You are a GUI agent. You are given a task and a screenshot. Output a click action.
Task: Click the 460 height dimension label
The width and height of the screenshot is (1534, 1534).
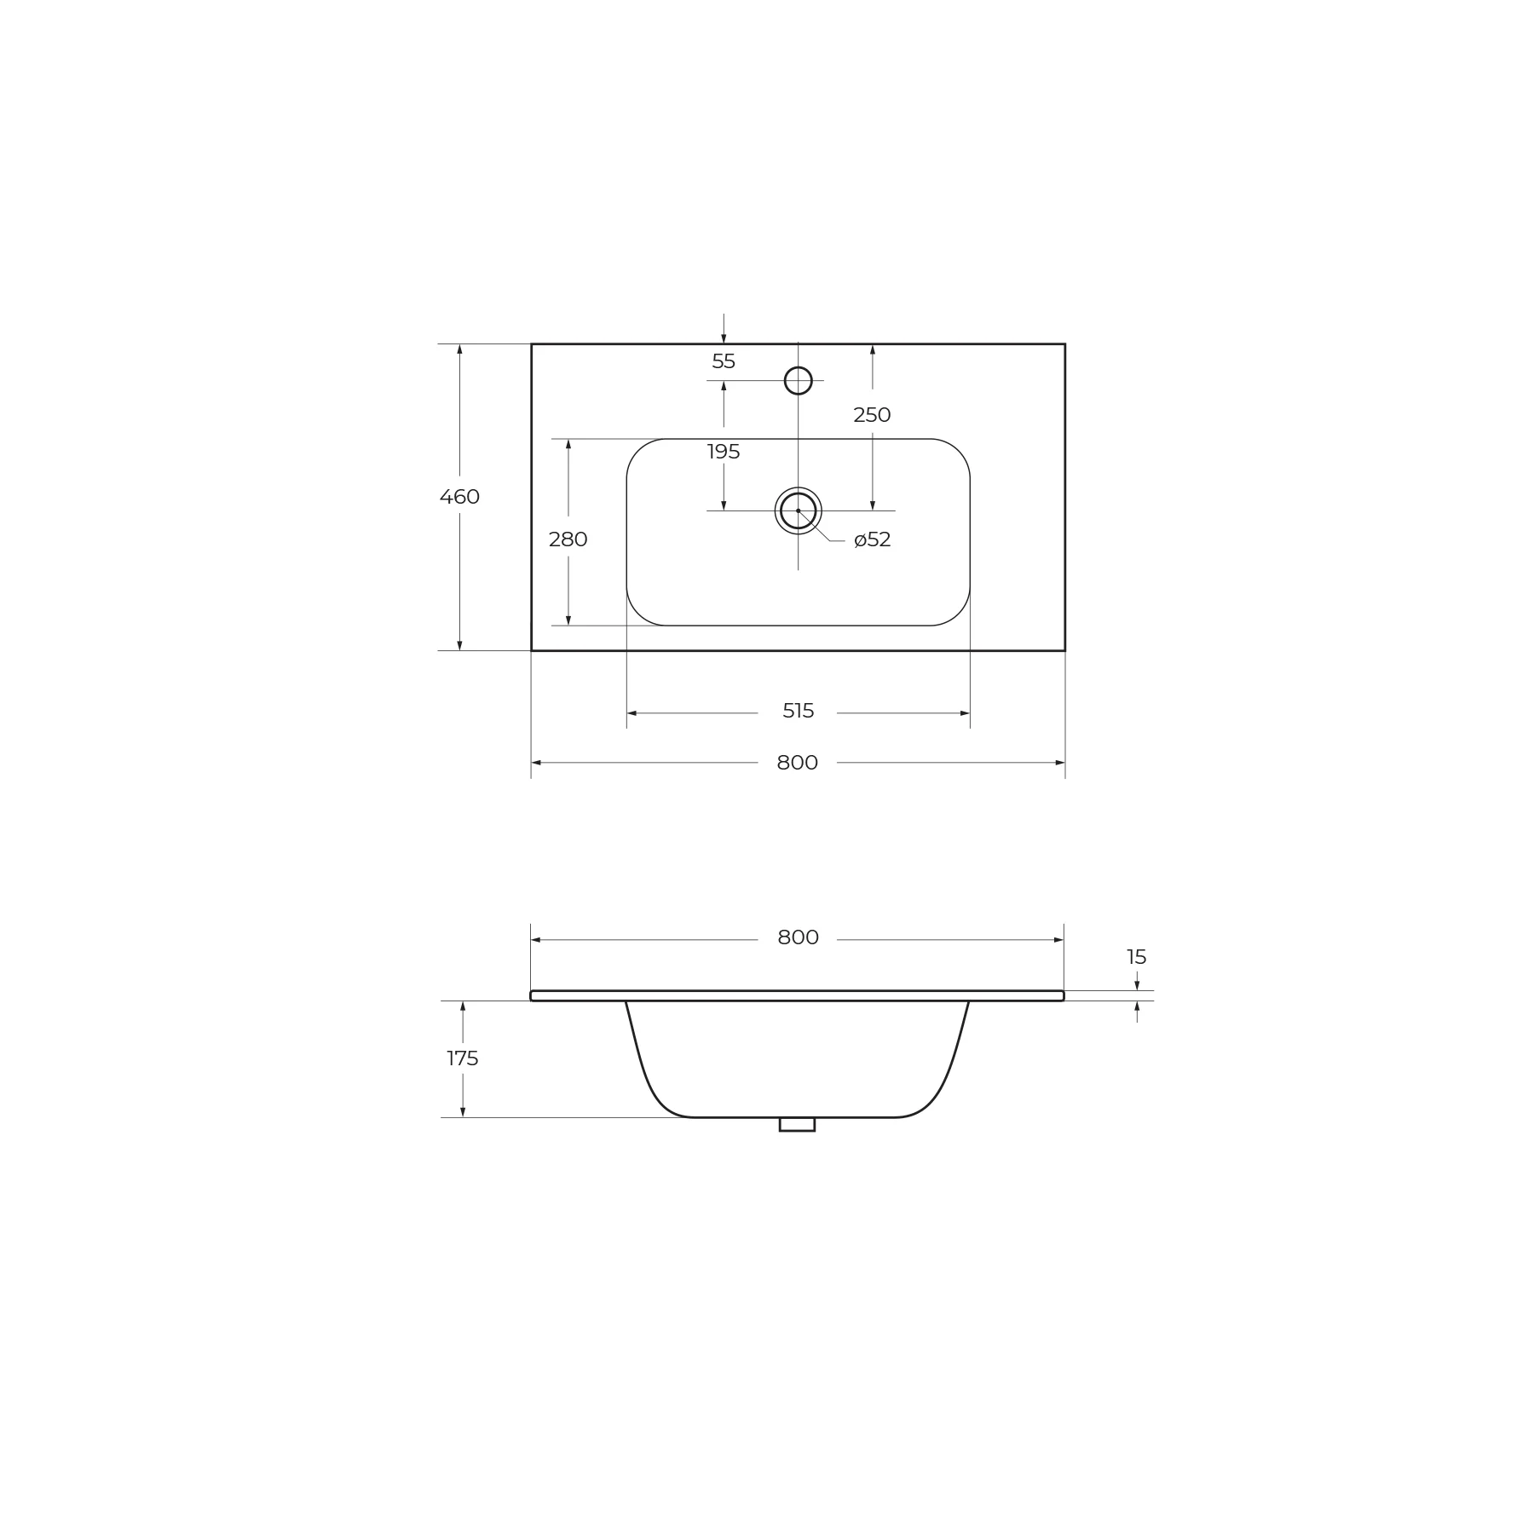[459, 497]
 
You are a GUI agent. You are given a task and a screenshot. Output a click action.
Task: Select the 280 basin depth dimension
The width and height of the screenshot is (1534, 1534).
[568, 539]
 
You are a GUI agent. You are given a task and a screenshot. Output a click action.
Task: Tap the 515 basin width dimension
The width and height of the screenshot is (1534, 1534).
[799, 711]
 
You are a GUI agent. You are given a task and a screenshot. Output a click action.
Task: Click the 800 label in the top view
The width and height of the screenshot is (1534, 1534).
[798, 763]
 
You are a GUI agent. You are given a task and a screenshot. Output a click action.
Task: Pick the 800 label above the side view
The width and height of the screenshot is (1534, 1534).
[799, 937]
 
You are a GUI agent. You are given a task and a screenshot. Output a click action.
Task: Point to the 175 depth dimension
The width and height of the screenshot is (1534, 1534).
[463, 1058]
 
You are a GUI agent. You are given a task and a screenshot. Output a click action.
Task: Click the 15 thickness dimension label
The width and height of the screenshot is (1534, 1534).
[1137, 957]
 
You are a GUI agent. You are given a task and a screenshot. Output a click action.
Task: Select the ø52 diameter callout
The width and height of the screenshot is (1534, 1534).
[873, 539]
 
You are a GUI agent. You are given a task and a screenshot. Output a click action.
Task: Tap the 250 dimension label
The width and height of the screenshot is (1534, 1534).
[872, 415]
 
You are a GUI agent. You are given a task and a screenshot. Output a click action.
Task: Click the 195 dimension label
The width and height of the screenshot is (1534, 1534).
[724, 452]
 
